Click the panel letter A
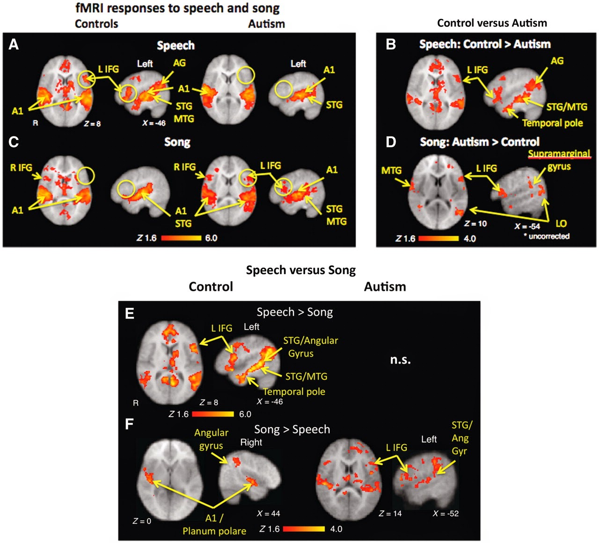coord(14,44)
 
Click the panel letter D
coord(391,142)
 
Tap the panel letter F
coord(129,424)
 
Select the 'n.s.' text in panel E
coord(400,360)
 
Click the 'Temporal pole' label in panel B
coord(552,123)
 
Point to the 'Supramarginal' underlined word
coord(559,153)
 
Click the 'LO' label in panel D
coord(561,224)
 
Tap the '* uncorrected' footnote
coord(547,236)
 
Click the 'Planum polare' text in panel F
coord(214,531)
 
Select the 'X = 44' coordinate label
coord(269,514)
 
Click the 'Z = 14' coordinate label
coord(390,514)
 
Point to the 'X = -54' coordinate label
coord(527,226)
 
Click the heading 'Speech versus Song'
coord(301,270)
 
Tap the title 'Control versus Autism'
coord(492,23)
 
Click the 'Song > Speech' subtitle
coord(292,429)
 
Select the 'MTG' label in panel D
coord(391,171)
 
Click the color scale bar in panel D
coord(438,239)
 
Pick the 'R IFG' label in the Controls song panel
coord(21,167)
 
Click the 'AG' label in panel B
coord(557,61)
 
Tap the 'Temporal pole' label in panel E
coord(294,391)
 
